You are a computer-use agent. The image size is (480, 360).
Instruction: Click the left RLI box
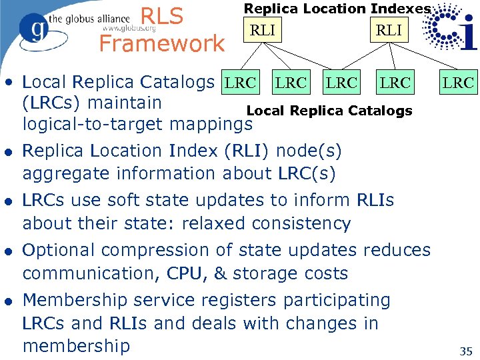pos(263,30)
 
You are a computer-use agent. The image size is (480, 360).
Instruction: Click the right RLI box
pos(389,30)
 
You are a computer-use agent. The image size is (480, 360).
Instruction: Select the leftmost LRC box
pos(240,83)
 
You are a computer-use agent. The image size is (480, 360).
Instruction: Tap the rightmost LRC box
pos(459,83)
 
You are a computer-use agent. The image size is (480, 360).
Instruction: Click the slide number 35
pos(466,350)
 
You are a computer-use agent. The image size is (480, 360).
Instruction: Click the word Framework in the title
pos(162,44)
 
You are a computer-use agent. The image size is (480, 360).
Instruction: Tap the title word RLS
pos(163,17)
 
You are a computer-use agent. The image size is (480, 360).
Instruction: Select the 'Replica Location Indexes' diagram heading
pos(337,8)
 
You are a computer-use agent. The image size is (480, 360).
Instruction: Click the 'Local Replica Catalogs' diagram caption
pos(329,111)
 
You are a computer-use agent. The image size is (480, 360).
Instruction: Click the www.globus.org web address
pos(129,29)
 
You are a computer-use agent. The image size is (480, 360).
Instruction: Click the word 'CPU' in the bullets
pos(187,273)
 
